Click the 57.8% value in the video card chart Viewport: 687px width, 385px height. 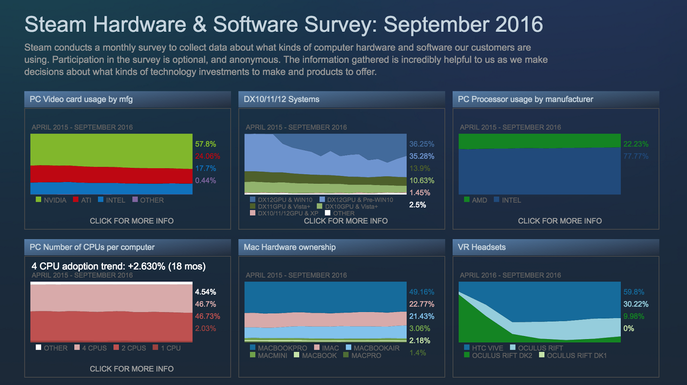[205, 144]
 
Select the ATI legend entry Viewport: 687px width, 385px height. [82, 200]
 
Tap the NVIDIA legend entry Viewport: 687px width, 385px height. [51, 200]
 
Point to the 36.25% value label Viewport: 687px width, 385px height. [421, 144]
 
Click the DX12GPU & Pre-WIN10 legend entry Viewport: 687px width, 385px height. [356, 200]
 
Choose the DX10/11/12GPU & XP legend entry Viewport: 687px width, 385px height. [284, 213]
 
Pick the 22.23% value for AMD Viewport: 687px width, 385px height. [635, 144]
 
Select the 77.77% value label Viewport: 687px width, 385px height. [635, 156]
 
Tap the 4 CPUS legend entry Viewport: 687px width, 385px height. [91, 348]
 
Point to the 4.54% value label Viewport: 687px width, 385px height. [205, 292]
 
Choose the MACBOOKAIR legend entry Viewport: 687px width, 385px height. [372, 348]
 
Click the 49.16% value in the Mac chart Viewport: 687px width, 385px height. [421, 292]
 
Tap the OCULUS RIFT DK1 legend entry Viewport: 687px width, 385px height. [573, 355]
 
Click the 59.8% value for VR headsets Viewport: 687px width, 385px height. [633, 292]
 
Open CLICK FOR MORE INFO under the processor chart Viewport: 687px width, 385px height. [559, 221]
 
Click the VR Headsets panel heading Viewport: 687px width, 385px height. [481, 247]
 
